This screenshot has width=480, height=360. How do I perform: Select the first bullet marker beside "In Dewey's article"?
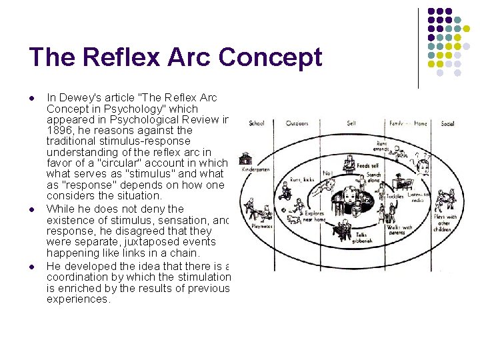[x=32, y=98]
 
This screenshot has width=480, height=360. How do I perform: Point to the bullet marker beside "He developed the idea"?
[x=32, y=266]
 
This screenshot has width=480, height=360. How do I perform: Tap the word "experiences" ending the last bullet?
[x=77, y=299]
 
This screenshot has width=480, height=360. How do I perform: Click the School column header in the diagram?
[x=257, y=123]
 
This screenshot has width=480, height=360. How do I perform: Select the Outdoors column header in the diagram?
[x=297, y=123]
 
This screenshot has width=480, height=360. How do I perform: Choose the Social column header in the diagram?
[x=447, y=123]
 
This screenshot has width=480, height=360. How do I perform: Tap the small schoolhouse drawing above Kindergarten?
[x=247, y=159]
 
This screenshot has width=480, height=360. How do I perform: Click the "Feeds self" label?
[x=367, y=165]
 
